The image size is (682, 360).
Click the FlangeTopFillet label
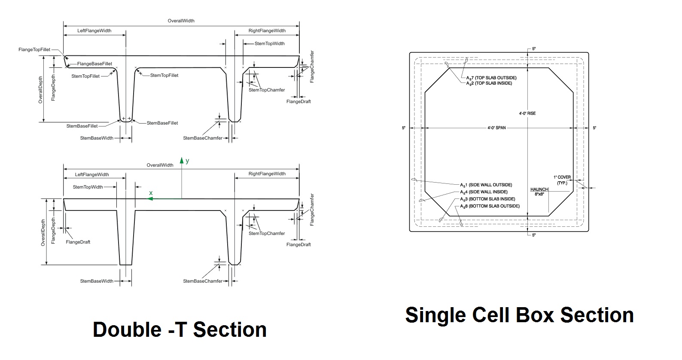coord(34,50)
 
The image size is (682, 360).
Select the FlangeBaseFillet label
coord(94,64)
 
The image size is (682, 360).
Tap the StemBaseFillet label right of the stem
coord(162,123)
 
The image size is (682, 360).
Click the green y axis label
coord(187,161)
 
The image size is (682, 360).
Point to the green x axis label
coord(151,193)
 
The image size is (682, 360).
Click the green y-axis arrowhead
coord(182,160)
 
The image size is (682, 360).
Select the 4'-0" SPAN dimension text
coord(496,128)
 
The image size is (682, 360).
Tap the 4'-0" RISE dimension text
coord(527,113)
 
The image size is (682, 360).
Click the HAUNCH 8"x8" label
coord(539,192)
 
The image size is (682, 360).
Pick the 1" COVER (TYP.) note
coord(562,180)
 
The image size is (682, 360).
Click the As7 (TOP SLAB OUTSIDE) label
coord(491,78)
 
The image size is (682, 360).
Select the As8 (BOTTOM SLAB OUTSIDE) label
coord(490,206)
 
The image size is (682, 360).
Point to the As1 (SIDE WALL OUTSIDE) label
coord(486,185)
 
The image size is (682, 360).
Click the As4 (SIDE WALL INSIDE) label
coord(484,192)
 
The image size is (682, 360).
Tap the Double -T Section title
coord(180,329)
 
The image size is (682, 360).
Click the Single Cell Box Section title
coord(519,315)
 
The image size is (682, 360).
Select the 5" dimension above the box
coord(534,49)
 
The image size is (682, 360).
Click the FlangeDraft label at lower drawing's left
coord(78,242)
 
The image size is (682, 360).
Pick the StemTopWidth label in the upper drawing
coord(269,43)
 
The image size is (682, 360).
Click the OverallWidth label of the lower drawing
coord(160,165)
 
